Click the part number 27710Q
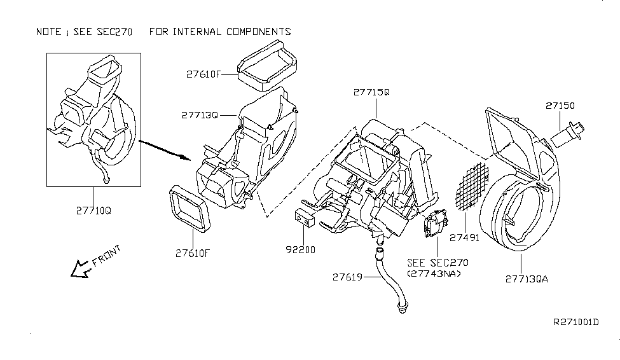93,211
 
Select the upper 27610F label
203,74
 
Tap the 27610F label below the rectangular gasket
193,253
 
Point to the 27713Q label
200,115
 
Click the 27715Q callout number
371,92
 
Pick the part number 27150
560,106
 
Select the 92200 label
301,249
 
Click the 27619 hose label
347,277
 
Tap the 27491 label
465,237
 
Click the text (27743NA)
434,273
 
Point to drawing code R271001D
575,322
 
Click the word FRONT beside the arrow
106,256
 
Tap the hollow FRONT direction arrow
80,269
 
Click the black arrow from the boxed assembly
165,150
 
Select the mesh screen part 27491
472,186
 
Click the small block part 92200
305,219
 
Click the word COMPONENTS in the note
259,32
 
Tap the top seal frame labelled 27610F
267,66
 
